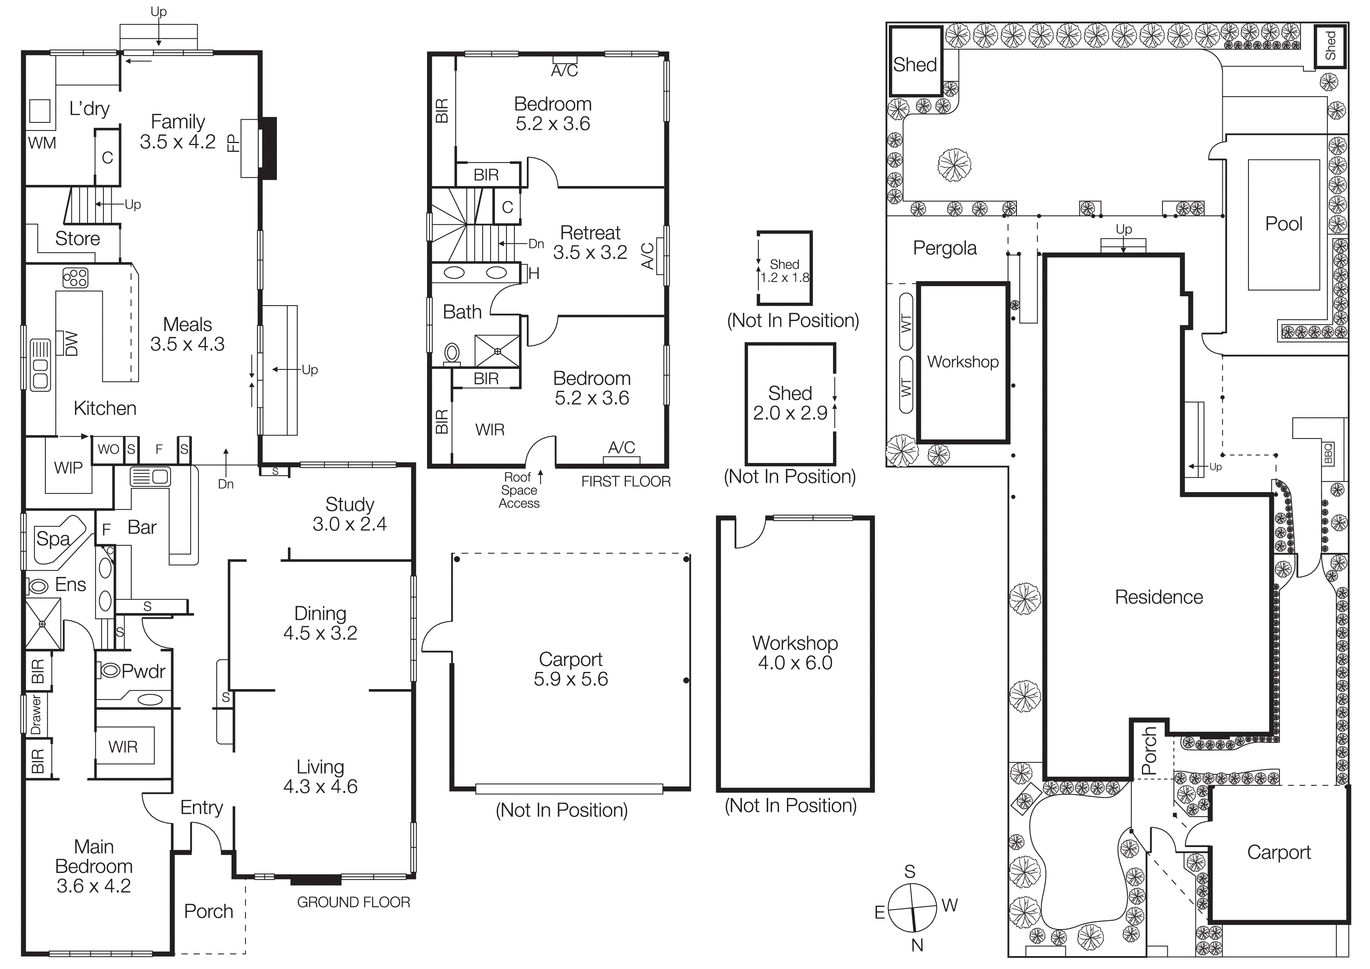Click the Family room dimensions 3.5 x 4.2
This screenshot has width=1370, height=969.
(177, 142)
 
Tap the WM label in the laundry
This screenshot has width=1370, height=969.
(42, 143)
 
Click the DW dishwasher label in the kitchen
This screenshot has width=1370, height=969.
(71, 344)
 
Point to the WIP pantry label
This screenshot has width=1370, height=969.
(68, 468)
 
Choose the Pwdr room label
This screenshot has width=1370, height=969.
(143, 671)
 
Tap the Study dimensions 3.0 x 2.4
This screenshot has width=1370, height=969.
(350, 524)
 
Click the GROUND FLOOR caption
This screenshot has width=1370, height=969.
(353, 902)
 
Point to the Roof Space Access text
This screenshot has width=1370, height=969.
(519, 490)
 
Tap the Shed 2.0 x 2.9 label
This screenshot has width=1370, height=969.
(790, 403)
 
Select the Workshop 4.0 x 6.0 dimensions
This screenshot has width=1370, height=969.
(795, 663)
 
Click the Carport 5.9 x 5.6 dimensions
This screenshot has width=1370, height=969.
(571, 679)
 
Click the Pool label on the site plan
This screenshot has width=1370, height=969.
(1283, 224)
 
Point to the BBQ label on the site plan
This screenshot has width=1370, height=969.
(1328, 454)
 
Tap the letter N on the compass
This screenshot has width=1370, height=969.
(917, 945)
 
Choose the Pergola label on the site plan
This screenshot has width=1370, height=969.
(945, 248)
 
